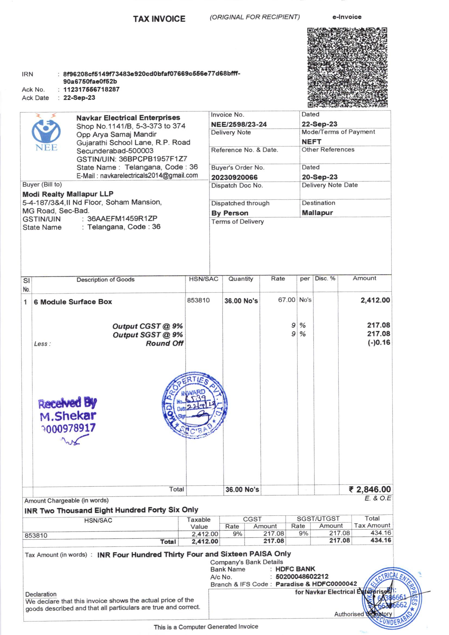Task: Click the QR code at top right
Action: pyautogui.click(x=347, y=67)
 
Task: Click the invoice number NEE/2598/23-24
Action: pyautogui.click(x=239, y=124)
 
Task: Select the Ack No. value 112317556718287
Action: pyautogui.click(x=91, y=90)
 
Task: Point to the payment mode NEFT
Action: pyautogui.click(x=311, y=142)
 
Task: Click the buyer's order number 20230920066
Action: pyautogui.click(x=234, y=177)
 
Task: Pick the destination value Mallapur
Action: pyautogui.click(x=317, y=213)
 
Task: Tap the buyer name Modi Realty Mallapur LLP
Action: pyautogui.click(x=68, y=194)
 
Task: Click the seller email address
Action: pyautogui.click(x=149, y=176)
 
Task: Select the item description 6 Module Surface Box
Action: pyautogui.click(x=73, y=302)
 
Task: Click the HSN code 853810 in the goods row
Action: pyautogui.click(x=198, y=300)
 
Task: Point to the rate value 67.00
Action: pyautogui.click(x=287, y=300)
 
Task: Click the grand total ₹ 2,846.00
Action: pyautogui.click(x=370, y=489)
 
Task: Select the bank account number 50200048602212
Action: pyautogui.click(x=302, y=577)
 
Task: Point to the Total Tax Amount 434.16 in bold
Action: pyautogui.click(x=381, y=540)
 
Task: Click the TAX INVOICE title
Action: pyautogui.click(x=159, y=19)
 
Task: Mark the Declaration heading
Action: pyautogui.click(x=41, y=594)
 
